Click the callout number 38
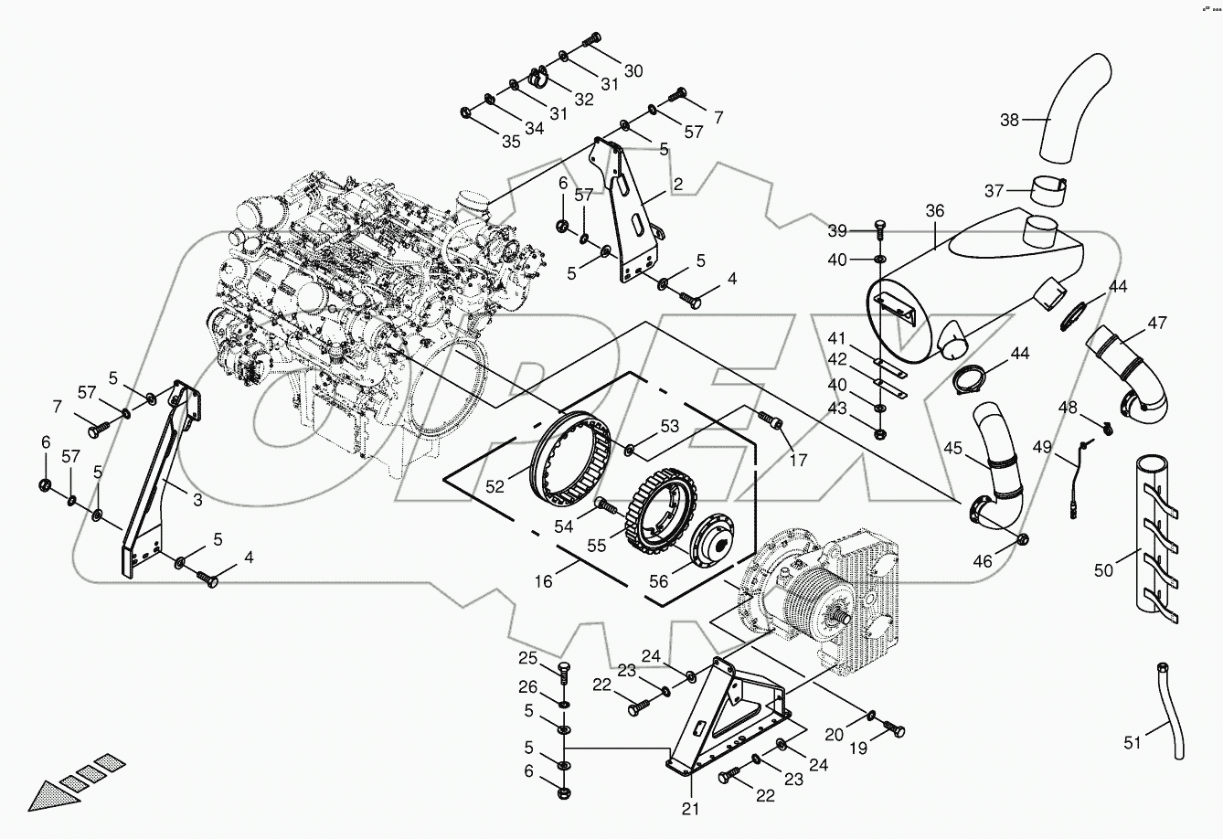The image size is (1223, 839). pyautogui.click(x=1008, y=119)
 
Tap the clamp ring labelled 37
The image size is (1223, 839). pyautogui.click(x=1050, y=193)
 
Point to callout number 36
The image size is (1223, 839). pyautogui.click(x=934, y=211)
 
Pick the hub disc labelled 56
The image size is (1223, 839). pyautogui.click(x=715, y=546)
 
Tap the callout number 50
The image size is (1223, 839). pyautogui.click(x=1104, y=571)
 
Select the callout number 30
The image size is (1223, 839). pyautogui.click(x=633, y=71)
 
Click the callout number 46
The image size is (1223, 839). pyautogui.click(x=983, y=561)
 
